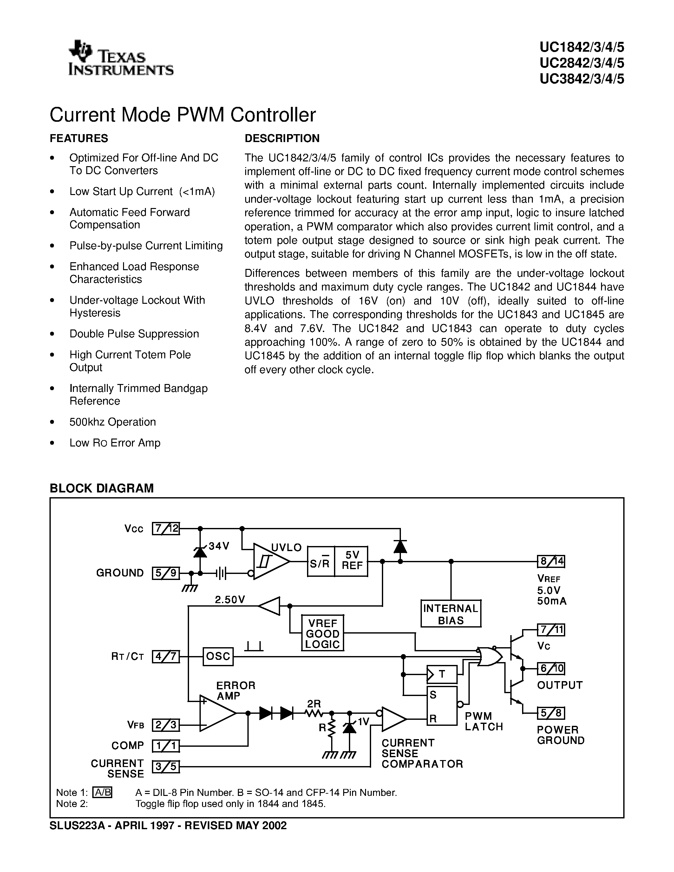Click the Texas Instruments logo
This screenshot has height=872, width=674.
coord(121,58)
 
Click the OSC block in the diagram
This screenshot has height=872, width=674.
coord(218,656)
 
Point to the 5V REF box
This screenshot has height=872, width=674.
coord(351,561)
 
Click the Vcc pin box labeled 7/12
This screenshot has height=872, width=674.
coord(166,528)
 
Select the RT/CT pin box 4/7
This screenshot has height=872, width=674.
coord(166,656)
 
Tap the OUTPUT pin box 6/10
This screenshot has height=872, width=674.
coord(551,668)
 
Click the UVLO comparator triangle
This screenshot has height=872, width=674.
coord(270,561)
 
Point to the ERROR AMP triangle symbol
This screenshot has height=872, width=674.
coord(216,713)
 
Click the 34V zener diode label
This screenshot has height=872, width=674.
coord(219,546)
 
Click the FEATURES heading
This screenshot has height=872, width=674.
coord(79,138)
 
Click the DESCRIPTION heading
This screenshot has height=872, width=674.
coord(282,138)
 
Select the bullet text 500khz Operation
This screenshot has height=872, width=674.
coord(113,422)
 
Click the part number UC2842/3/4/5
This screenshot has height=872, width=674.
coord(582,63)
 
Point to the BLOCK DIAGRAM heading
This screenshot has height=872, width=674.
coord(101,488)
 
